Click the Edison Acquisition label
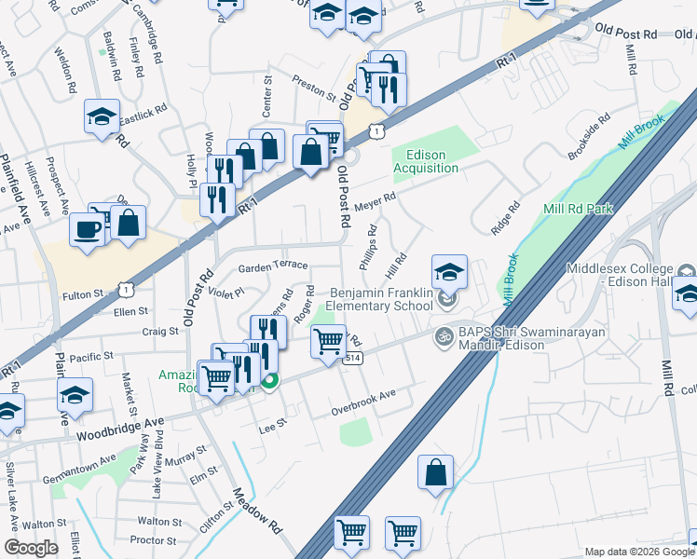coord(426,161)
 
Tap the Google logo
coord(31,548)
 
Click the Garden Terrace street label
coord(273,266)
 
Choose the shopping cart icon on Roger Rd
coord(328,341)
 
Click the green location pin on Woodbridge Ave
coord(270,380)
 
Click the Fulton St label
coord(83,295)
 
